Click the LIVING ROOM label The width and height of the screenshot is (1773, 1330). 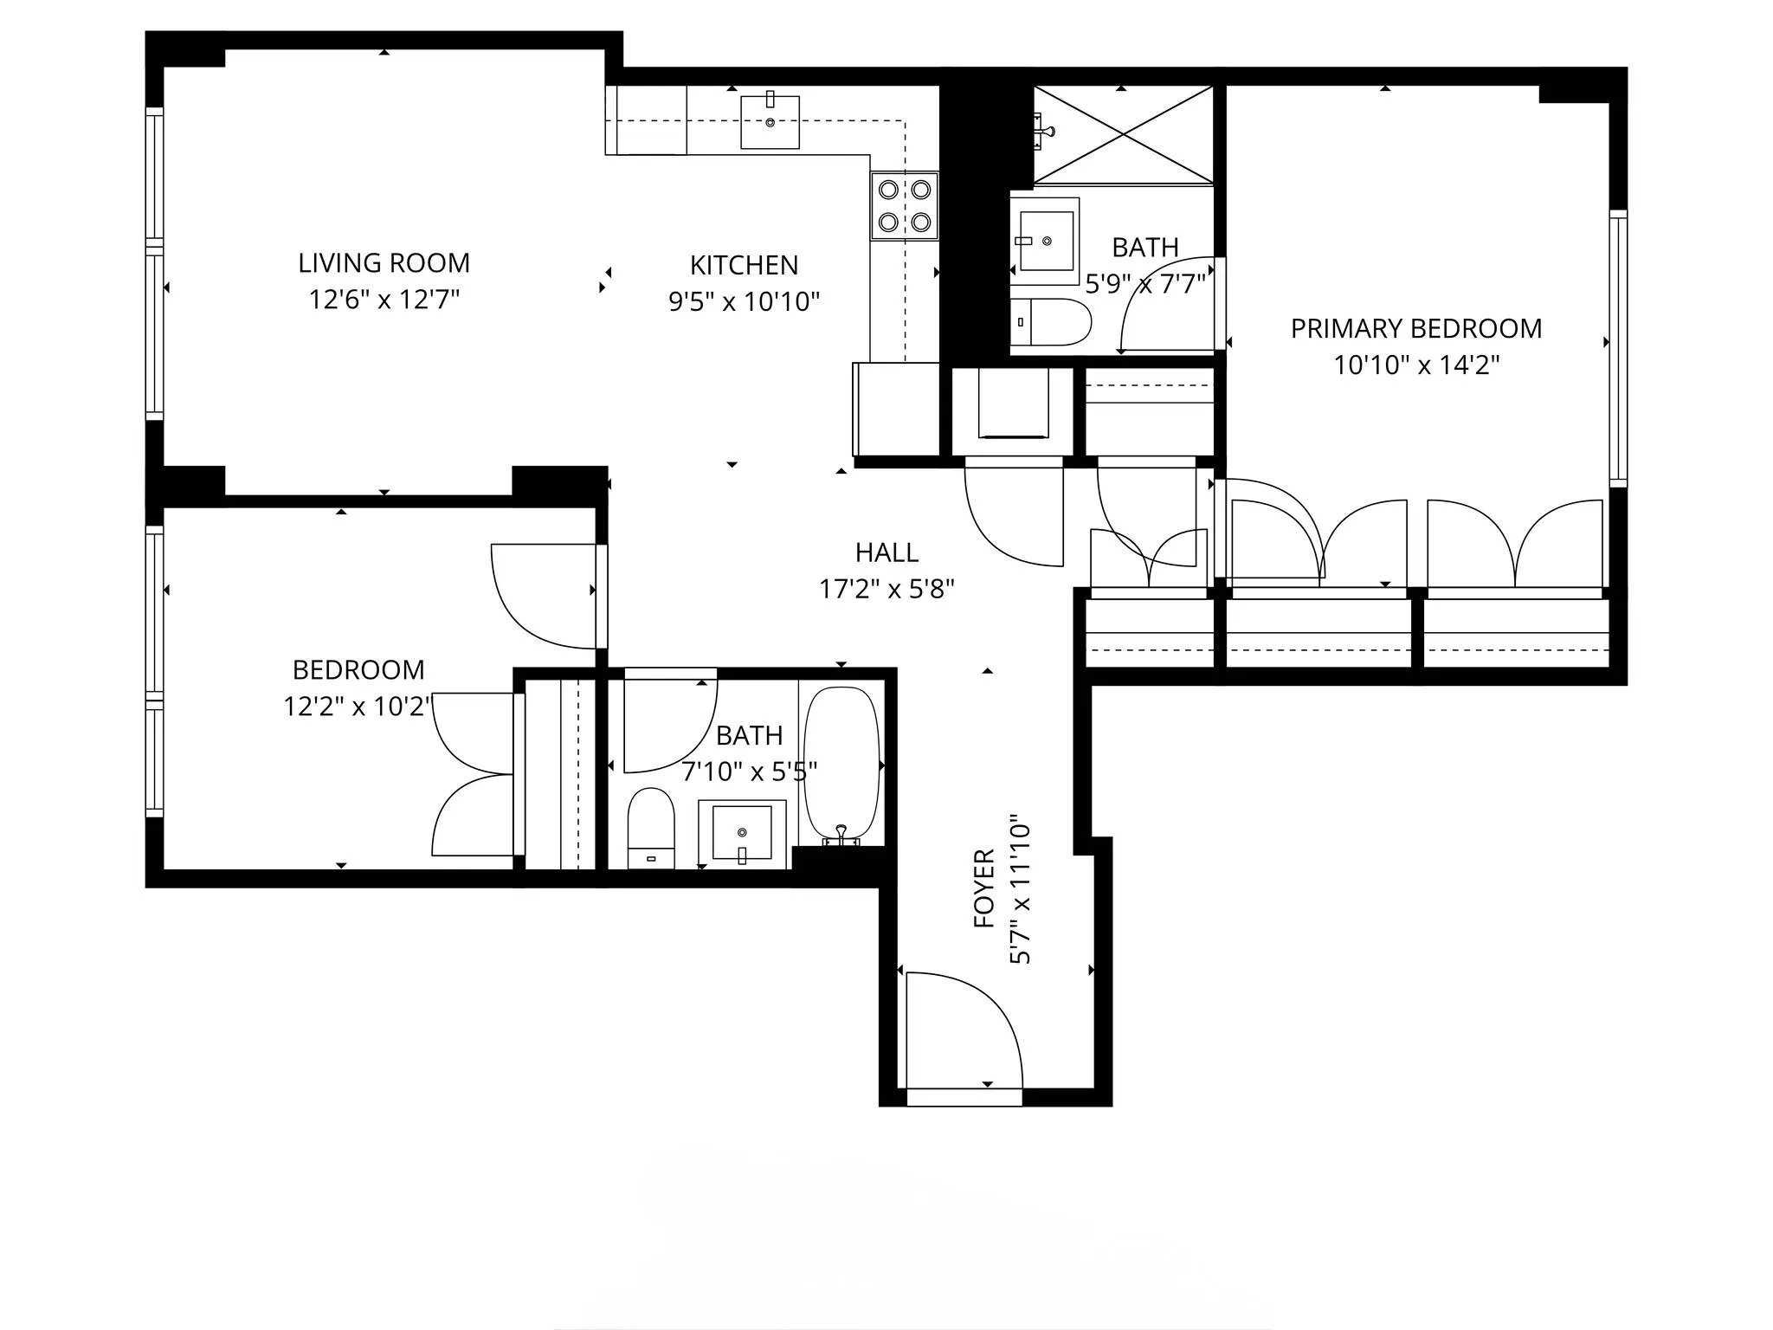(384, 263)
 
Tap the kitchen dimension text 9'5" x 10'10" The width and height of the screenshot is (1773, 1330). (744, 301)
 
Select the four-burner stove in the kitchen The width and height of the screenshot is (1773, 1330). (904, 205)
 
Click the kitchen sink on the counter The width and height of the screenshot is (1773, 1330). (770, 122)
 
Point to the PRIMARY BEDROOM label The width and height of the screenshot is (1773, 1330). (1415, 329)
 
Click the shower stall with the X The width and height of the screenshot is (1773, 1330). (1123, 134)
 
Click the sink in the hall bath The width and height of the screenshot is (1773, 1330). (742, 833)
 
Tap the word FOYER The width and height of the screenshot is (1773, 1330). (984, 888)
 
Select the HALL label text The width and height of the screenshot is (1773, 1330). (886, 552)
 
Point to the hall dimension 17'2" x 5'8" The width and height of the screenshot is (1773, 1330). (886, 590)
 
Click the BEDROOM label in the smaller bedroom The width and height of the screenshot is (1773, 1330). (358, 670)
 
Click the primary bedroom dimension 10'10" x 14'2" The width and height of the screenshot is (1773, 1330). (1415, 365)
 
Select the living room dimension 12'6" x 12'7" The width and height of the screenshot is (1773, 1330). (384, 300)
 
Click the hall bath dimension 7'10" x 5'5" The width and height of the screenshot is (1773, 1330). (749, 772)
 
